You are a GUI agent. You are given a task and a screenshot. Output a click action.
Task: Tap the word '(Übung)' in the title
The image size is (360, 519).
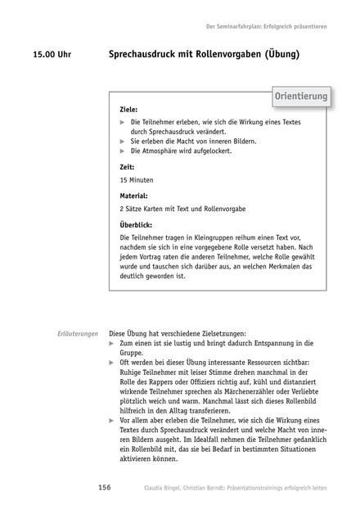(278, 56)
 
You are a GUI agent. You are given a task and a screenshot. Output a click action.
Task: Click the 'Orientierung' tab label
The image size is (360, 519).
(300, 97)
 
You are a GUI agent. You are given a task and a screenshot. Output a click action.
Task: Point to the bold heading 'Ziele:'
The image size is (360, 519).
(128, 109)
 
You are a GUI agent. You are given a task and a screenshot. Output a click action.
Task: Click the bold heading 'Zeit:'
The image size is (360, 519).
(127, 166)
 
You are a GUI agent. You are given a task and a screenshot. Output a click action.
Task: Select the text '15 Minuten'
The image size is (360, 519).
(136, 179)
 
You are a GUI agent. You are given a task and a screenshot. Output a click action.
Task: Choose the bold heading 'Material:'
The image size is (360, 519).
(133, 196)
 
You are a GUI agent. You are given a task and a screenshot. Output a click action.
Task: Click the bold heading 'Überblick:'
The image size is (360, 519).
(136, 224)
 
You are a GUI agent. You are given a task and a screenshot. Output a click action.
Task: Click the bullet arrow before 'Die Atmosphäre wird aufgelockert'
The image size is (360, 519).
(122, 151)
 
